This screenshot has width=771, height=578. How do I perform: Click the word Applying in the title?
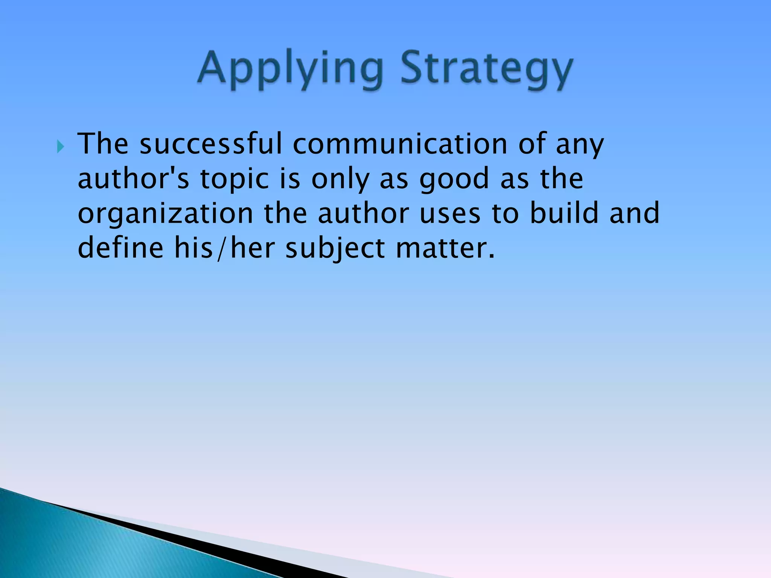pyautogui.click(x=290, y=70)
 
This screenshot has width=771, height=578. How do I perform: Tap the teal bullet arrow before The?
pyautogui.click(x=61, y=146)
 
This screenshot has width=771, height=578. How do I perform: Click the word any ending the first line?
pyautogui.click(x=580, y=145)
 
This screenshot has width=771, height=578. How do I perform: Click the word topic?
pyautogui.click(x=234, y=179)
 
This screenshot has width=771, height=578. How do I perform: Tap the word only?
pyautogui.click(x=340, y=179)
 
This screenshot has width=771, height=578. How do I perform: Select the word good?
pyautogui.click(x=454, y=179)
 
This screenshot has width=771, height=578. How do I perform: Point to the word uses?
pyautogui.click(x=450, y=213)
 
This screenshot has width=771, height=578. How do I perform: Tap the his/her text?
pyautogui.click(x=224, y=248)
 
